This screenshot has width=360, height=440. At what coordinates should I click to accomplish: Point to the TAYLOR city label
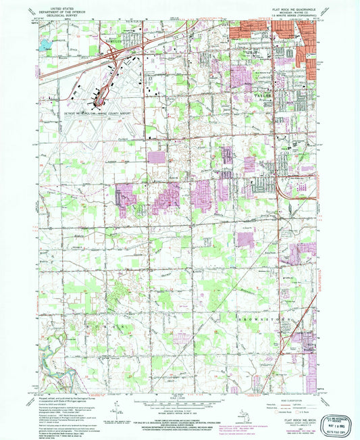262,96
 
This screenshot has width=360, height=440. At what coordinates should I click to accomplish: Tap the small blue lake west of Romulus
45,45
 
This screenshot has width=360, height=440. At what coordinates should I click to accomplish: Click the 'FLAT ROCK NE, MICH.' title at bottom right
294,401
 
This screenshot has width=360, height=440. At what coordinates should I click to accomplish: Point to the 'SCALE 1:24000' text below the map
178,397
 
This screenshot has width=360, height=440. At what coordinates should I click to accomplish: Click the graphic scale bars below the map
178,403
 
